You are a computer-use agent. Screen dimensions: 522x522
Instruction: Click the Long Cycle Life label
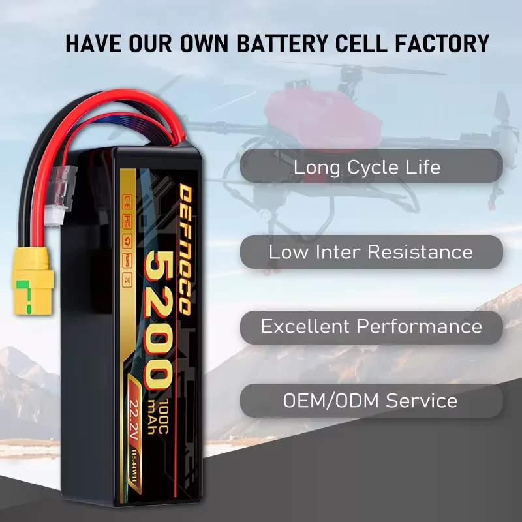[x=367, y=167]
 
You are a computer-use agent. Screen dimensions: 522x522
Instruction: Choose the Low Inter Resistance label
[x=371, y=252]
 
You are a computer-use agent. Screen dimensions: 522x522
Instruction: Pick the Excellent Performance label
[x=371, y=327]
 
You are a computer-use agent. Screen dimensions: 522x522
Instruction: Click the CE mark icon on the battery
[x=125, y=198]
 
